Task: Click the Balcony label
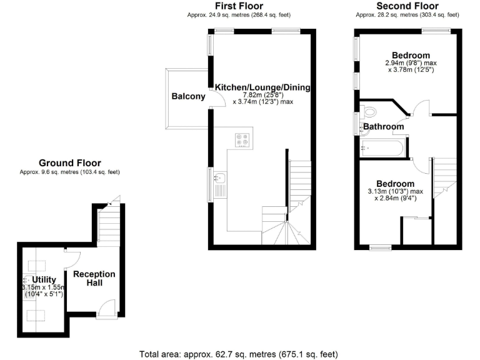[x=188, y=96]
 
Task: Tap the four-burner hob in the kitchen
[x=242, y=140]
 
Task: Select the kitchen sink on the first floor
[x=219, y=181]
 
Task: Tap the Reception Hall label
[x=94, y=278]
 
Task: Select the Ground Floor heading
[x=69, y=162]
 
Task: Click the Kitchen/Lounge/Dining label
[x=262, y=86]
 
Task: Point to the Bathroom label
[x=384, y=126]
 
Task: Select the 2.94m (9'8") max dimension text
[x=410, y=62]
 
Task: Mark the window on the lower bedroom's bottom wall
[x=379, y=247]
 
